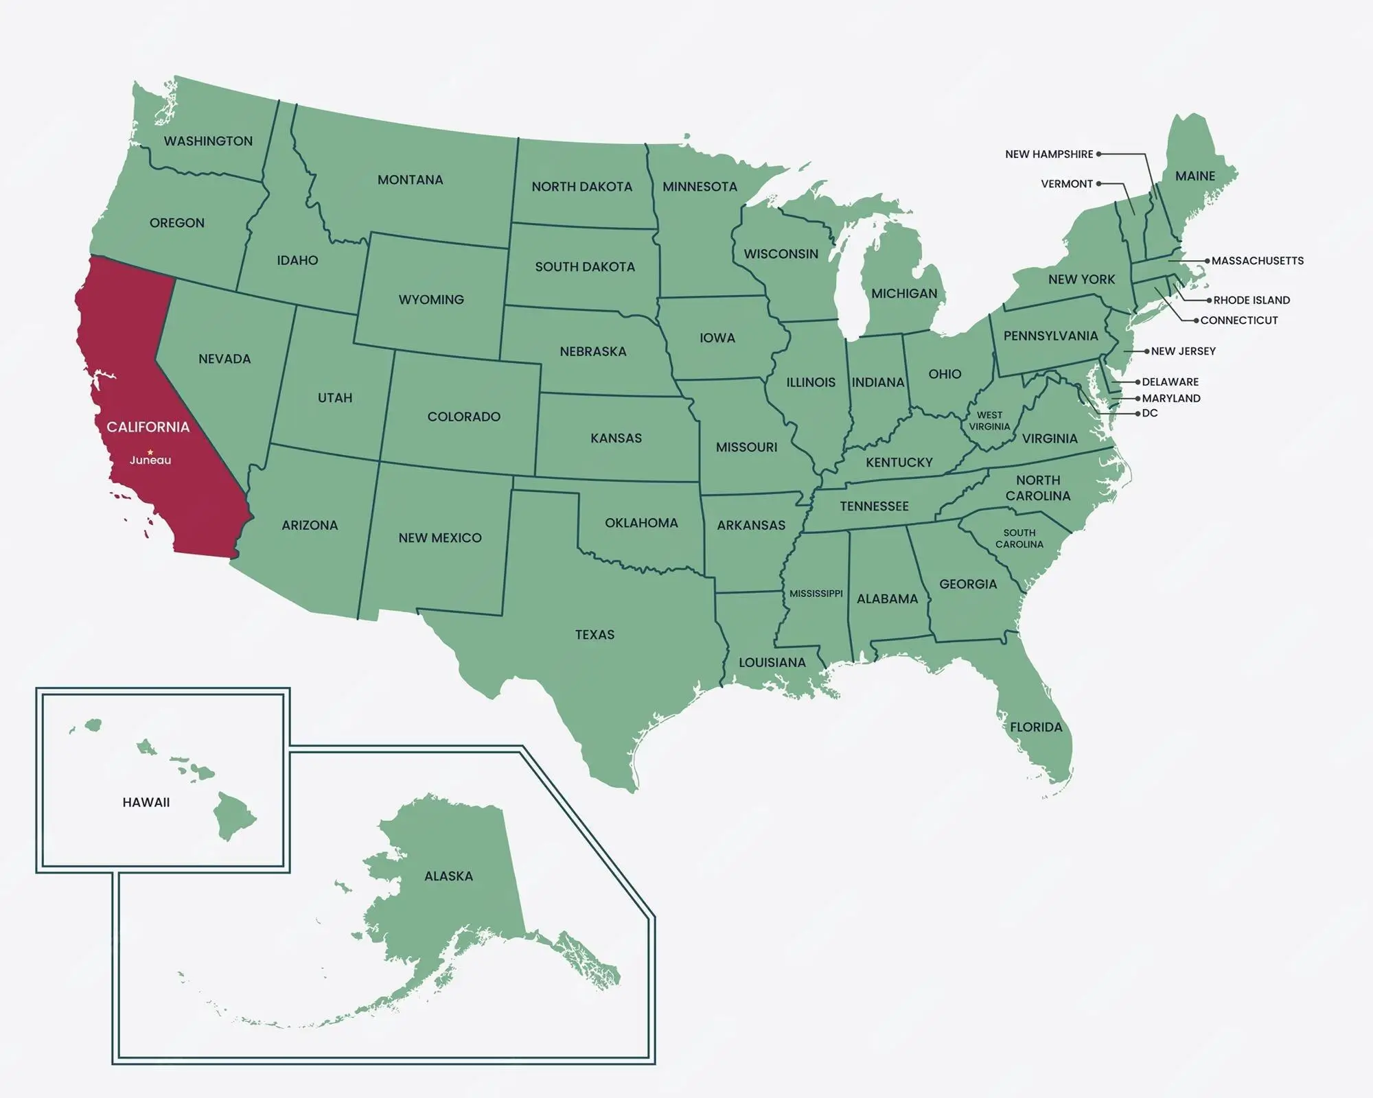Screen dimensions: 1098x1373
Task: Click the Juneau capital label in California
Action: (x=150, y=460)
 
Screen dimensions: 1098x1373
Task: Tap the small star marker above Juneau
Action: (x=150, y=452)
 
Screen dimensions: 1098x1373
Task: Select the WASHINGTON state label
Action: (x=208, y=141)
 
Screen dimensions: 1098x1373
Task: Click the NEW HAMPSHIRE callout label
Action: (x=1049, y=154)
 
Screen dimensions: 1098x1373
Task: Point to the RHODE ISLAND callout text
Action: (x=1251, y=301)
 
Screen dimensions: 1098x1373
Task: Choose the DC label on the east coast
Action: (x=1150, y=413)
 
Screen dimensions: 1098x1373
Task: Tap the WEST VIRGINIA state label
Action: (x=989, y=421)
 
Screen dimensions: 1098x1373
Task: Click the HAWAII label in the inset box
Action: (x=146, y=802)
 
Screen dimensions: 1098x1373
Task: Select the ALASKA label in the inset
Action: (x=448, y=876)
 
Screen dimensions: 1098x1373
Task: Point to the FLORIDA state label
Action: (x=1036, y=727)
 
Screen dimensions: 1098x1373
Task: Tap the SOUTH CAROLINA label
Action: (x=1019, y=539)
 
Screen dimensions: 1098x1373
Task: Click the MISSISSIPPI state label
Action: (x=816, y=594)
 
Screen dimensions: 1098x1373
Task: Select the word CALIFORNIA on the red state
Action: (x=148, y=428)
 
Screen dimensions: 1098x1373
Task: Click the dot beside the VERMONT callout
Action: (x=1098, y=184)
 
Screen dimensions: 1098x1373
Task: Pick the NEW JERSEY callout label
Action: (x=1183, y=351)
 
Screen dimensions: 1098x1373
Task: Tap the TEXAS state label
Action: (x=595, y=635)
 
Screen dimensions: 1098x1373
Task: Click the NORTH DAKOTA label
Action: (x=581, y=187)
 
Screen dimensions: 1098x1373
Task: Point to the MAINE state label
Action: (x=1195, y=176)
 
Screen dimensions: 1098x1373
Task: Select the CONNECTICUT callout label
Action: (x=1238, y=320)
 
